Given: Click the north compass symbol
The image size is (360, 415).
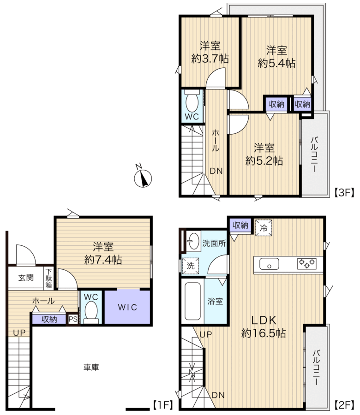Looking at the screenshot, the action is [143, 178].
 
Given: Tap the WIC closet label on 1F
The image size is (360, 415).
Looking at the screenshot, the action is [127, 307].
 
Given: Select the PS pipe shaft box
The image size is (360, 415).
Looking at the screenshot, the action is [73, 319].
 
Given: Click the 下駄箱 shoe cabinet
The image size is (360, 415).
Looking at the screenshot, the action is [49, 278].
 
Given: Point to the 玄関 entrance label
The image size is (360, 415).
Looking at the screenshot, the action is [26, 278].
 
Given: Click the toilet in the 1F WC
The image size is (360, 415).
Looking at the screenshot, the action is [91, 313].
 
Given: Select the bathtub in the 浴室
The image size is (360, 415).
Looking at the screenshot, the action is [192, 301].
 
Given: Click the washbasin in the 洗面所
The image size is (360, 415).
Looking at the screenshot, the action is [193, 241].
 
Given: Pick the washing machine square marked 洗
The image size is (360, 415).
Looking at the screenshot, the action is [191, 266].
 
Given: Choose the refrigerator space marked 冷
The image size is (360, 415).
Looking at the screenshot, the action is [264, 228].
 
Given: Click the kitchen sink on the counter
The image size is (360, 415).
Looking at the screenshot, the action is [269, 264].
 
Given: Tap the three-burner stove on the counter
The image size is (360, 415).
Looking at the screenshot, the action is [307, 264].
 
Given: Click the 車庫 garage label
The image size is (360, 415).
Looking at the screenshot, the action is [91, 367].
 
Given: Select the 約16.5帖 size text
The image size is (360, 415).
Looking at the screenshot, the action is [264, 333].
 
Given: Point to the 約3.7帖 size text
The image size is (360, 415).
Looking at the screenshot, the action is [210, 59].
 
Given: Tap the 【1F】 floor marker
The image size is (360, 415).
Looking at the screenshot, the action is [163, 404].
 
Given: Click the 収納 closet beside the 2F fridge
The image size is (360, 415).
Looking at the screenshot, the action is [240, 225].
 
